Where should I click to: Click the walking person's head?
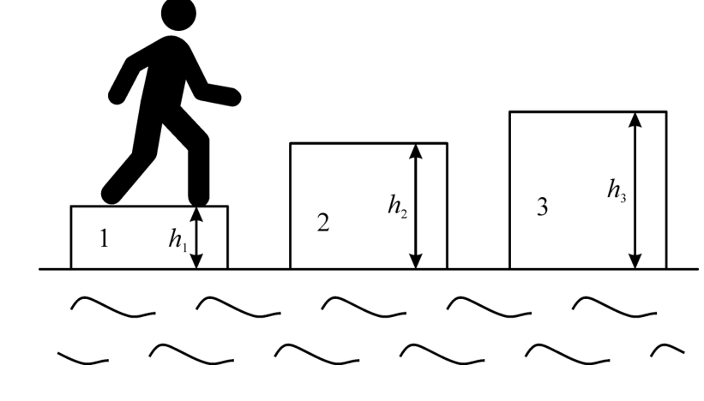coord(178,14)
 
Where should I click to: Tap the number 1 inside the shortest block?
coord(104,238)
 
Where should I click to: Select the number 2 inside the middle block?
coord(323,223)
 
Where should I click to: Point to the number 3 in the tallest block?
coord(543,206)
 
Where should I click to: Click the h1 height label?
coord(178,240)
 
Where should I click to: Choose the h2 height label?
coord(398,206)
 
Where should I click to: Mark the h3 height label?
coord(617,190)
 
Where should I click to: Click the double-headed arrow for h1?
coord(196,237)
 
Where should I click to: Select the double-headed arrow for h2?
coord(416,206)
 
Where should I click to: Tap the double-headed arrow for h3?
coord(635,190)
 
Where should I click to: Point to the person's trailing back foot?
coord(111,194)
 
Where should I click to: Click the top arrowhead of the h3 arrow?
coord(635,119)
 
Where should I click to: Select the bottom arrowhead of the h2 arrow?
coord(416,261)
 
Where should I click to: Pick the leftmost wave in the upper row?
coord(113,307)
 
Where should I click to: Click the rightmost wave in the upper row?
coord(615,307)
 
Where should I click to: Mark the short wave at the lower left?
coord(83,359)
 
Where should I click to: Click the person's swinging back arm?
coord(127,81)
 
